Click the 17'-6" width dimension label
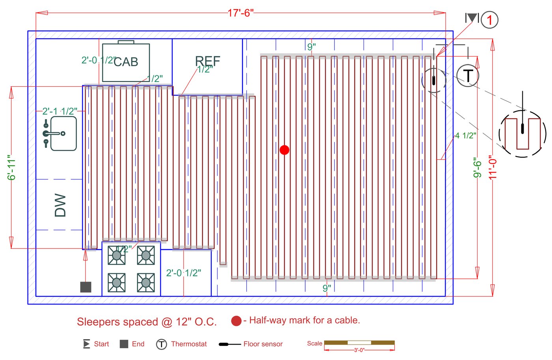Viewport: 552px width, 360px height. (240, 13)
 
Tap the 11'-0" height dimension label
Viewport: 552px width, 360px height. (493, 168)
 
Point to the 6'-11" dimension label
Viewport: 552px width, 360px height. (11, 168)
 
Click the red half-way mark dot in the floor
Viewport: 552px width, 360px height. (284, 150)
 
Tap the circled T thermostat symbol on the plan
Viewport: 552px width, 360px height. (468, 76)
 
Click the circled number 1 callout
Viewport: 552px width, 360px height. (490, 20)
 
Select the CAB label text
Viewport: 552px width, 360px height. (126, 62)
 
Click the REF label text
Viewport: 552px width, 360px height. (207, 61)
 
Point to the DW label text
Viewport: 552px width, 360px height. (60, 205)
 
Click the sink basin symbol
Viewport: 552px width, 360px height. (63, 133)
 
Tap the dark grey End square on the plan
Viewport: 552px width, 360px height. (86, 287)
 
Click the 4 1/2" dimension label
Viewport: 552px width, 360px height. (466, 136)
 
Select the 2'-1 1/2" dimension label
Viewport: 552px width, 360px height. (60, 111)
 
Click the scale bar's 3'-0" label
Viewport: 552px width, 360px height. (359, 350)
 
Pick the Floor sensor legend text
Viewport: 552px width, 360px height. (263, 344)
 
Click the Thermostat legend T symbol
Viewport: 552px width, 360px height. (161, 344)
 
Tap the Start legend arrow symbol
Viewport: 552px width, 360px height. (86, 344)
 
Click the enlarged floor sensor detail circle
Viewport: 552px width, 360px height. (522, 134)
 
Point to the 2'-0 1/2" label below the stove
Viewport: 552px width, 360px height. (183, 273)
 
